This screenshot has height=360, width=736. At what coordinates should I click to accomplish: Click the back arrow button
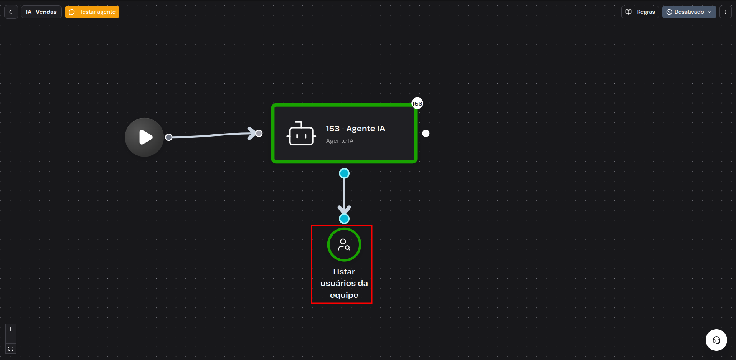coord(11,12)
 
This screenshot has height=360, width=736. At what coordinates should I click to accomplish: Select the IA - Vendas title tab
coord(41,12)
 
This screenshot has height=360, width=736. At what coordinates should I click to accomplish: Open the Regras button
coord(640,12)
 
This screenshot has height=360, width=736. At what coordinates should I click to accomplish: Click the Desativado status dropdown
coord(689,12)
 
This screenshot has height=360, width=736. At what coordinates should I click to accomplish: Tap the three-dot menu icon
coord(725,12)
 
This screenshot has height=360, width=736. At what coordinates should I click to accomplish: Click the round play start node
coord(144,137)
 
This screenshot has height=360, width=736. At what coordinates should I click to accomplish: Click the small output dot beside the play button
coord(168,137)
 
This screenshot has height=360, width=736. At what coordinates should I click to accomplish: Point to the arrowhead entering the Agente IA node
coord(252,133)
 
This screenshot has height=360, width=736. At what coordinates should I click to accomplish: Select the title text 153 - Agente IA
coord(355,129)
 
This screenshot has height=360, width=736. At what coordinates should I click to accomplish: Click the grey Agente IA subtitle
coord(340,141)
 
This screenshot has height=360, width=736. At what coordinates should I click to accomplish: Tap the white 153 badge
coord(417,103)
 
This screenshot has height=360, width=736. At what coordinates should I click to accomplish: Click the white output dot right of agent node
coord(426,133)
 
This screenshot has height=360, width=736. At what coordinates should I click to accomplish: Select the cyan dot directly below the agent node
coord(344,173)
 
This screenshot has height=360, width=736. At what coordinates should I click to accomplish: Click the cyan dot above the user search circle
coord(344,219)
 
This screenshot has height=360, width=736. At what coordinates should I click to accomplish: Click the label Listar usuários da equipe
coord(344,283)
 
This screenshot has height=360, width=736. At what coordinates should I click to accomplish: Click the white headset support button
coord(716,340)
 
